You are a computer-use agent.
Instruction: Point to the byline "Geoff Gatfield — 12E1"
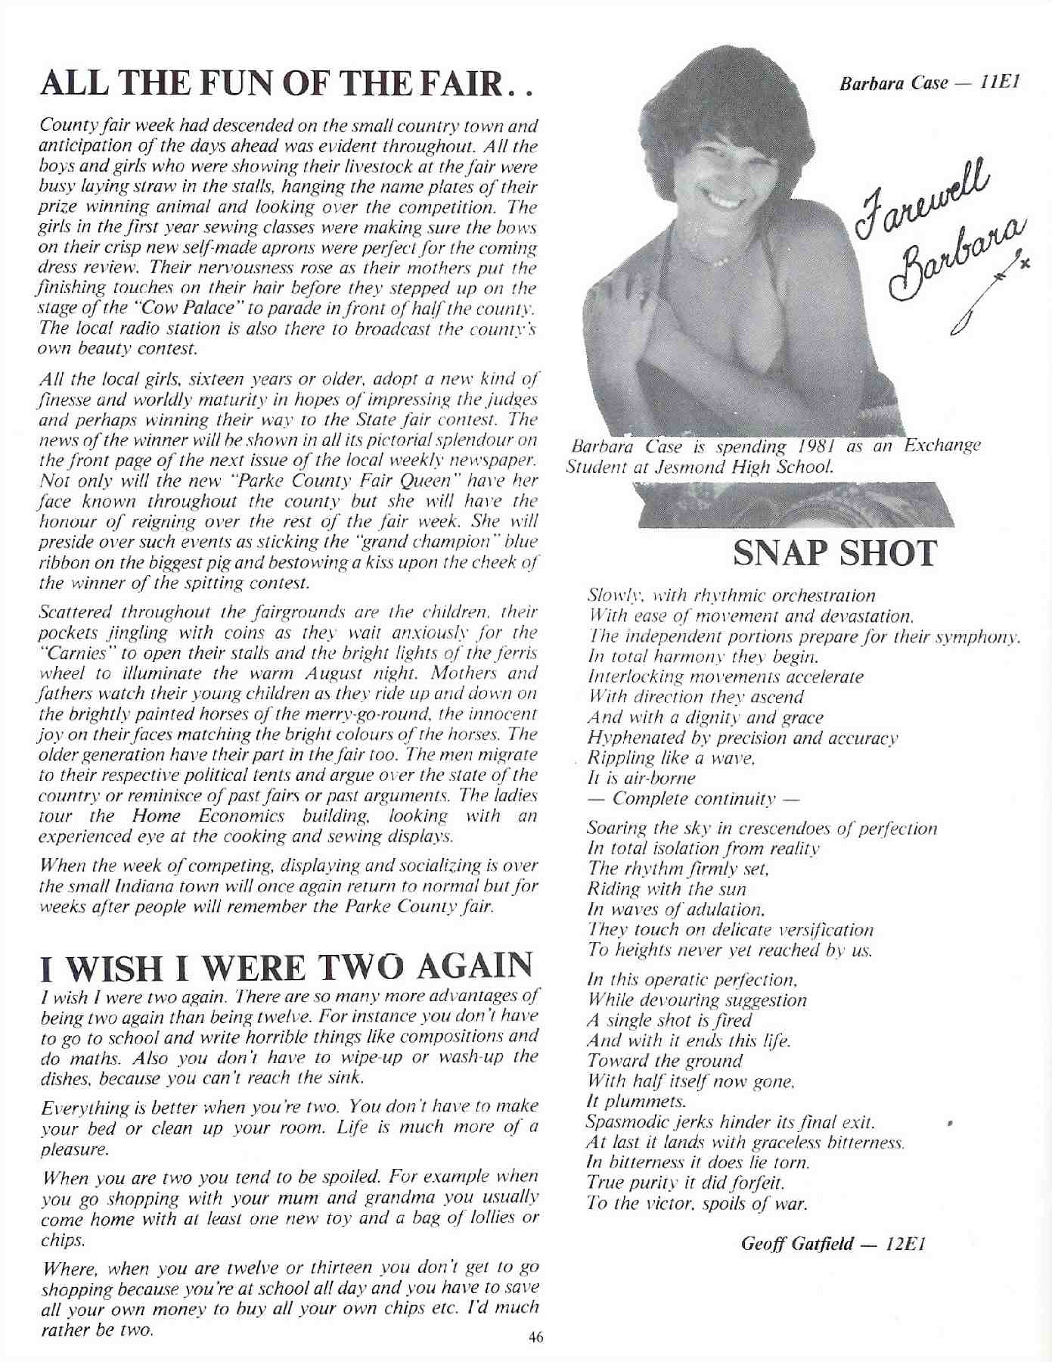tap(833, 1244)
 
